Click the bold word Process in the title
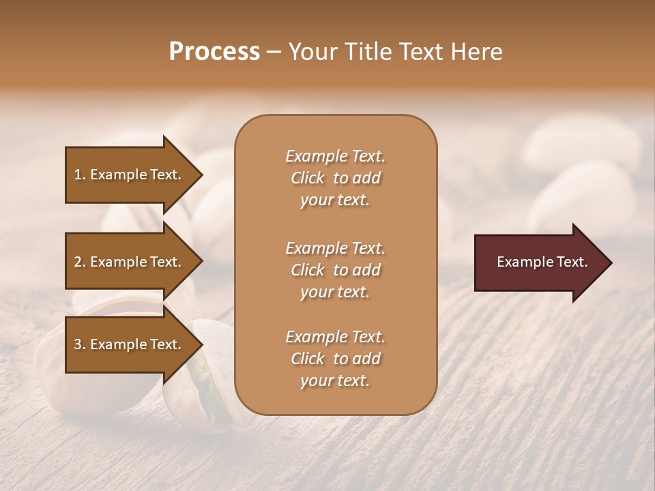pyautogui.click(x=214, y=52)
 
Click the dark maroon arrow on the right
pyautogui.click(x=539, y=262)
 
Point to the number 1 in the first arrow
pyautogui.click(x=78, y=175)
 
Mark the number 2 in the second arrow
pyautogui.click(x=78, y=262)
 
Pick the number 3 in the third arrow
pyautogui.click(x=78, y=344)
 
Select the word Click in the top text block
pyautogui.click(x=308, y=178)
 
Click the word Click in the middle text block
pyautogui.click(x=308, y=270)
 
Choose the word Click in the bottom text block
pyautogui.click(x=308, y=359)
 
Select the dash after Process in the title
pyautogui.click(x=274, y=52)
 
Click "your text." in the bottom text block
pyautogui.click(x=335, y=381)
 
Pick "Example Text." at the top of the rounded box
pyautogui.click(x=335, y=156)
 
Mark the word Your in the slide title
pyautogui.click(x=310, y=52)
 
